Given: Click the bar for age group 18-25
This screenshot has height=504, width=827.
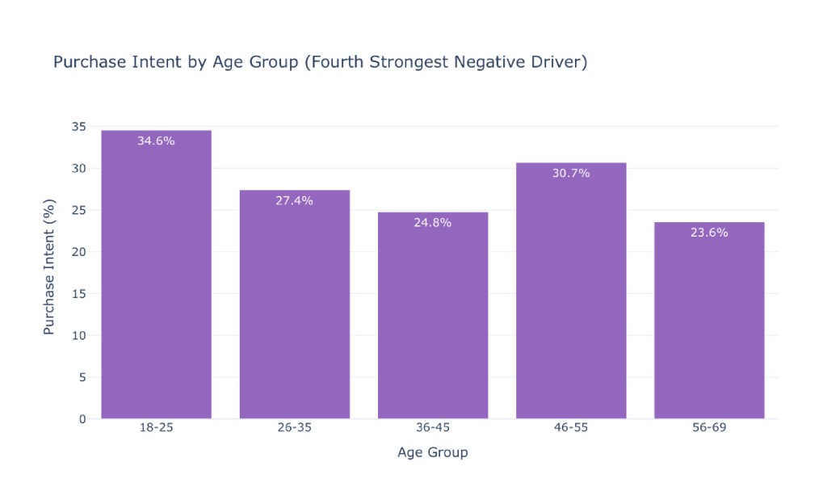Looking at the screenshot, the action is (x=156, y=274).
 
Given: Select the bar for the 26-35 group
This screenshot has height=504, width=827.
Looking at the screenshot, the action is (x=294, y=304).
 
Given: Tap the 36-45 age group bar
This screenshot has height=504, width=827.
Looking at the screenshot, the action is (x=433, y=315).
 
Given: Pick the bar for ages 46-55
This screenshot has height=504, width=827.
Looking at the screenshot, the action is (x=571, y=291).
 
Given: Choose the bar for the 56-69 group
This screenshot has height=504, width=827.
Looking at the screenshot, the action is (x=709, y=321).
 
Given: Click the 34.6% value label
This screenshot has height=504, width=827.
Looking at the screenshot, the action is (x=156, y=141).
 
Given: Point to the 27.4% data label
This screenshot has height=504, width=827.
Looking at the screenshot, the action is (x=294, y=200).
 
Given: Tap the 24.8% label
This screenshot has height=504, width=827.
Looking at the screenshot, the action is (x=433, y=222).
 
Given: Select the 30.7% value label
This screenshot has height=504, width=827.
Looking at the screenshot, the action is (x=571, y=173).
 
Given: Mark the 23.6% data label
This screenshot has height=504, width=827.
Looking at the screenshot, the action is (x=709, y=233).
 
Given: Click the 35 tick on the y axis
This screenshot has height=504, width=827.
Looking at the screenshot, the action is (x=79, y=127).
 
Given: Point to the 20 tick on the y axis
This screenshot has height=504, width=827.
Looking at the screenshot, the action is (x=79, y=252).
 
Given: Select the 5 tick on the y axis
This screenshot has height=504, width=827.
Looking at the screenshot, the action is (x=83, y=377).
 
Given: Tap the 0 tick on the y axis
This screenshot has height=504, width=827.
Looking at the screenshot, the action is (x=83, y=419).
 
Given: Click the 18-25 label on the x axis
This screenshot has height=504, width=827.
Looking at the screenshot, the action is (x=156, y=427).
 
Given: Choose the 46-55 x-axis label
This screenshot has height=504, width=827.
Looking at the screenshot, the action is (x=571, y=427).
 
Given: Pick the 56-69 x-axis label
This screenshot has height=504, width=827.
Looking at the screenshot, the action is (x=709, y=427).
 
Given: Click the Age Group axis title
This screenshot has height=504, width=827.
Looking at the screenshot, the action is (x=433, y=452).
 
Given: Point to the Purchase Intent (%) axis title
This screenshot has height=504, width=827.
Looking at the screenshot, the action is (x=49, y=267).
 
